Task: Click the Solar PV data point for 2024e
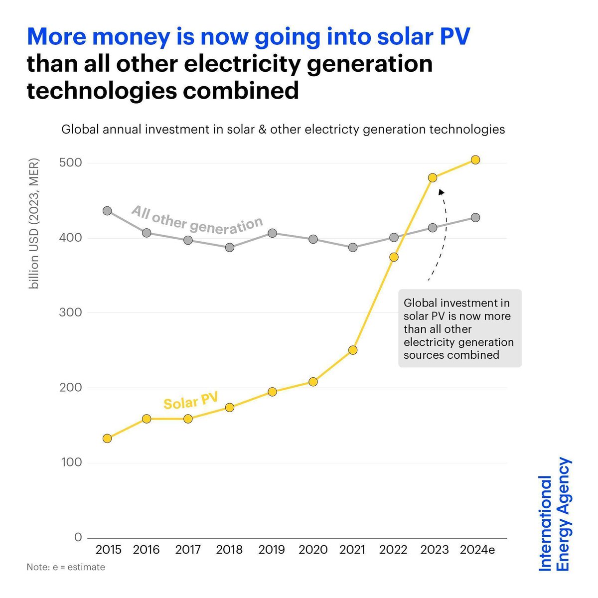(475, 160)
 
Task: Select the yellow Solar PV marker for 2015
(107, 439)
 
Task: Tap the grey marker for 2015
(107, 211)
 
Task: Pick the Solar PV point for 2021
(353, 350)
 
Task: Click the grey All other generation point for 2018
(230, 247)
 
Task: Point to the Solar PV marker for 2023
(433, 178)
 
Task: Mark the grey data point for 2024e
(475, 218)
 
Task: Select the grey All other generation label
(197, 220)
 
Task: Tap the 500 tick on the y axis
(71, 163)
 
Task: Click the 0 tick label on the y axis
(78, 537)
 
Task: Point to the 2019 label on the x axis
(272, 550)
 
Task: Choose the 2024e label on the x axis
(477, 550)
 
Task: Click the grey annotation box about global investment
(459, 328)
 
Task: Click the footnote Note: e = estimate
(66, 567)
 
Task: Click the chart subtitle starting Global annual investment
(283, 130)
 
